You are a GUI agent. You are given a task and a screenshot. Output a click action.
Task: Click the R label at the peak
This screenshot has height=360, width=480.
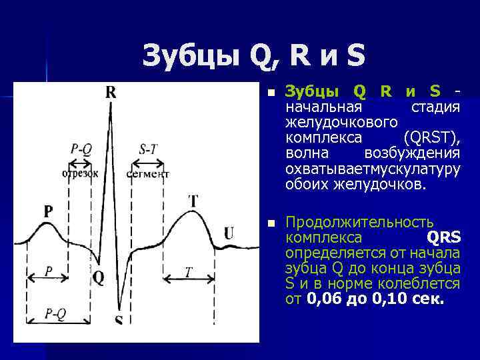111,93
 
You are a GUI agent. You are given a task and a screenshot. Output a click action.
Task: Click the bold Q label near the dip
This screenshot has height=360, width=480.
98,277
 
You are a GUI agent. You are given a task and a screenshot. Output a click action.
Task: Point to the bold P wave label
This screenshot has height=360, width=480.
48,211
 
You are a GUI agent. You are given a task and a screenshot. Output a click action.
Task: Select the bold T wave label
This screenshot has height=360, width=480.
193,201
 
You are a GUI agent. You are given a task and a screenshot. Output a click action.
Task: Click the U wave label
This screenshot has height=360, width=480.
229,233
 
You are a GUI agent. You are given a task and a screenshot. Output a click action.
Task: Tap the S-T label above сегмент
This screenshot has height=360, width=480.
148,149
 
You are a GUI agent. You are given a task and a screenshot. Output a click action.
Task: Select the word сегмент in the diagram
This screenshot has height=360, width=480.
148,174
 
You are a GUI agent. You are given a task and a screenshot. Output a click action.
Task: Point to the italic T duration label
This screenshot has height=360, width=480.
188,272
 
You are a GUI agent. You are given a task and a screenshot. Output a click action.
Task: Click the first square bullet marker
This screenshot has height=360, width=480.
268,93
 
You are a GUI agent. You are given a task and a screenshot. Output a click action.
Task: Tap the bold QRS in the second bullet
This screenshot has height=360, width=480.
443,238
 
